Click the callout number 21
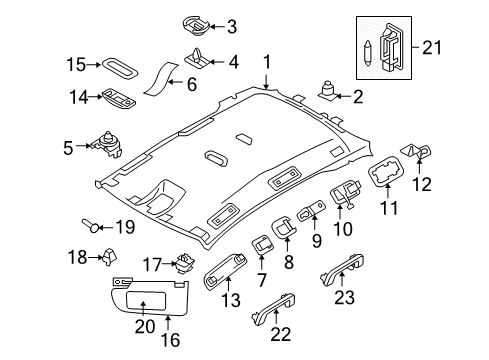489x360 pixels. point(459,48)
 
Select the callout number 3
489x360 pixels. point(232,27)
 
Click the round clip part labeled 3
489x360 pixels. point(194,23)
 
